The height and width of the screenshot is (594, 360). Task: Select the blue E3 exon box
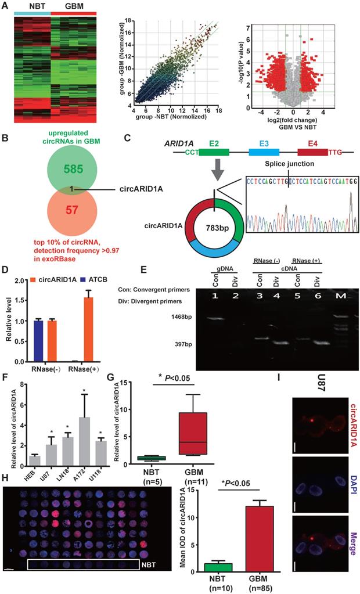[264, 152]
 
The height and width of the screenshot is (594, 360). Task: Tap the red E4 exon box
[312, 152]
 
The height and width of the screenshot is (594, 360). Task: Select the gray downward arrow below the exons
[215, 172]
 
